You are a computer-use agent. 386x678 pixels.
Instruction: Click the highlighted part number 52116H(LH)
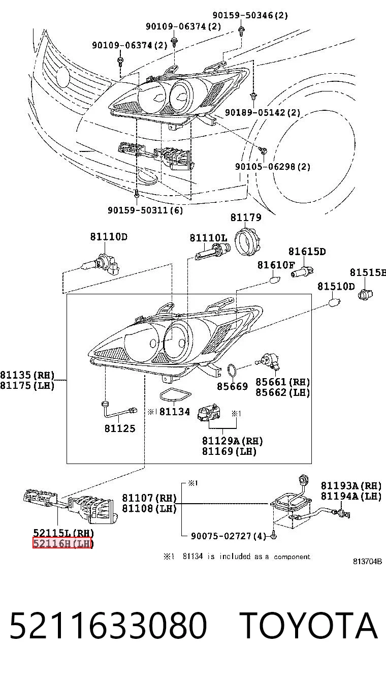coord(62,544)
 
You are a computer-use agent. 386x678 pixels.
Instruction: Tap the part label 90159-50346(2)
coord(250,15)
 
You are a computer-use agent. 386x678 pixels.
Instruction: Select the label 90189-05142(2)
coord(263,113)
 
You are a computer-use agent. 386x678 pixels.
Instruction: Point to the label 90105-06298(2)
coord(273,167)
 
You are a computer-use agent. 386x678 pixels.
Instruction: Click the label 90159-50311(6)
coord(145,210)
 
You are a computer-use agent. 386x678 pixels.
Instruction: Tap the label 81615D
coord(307,251)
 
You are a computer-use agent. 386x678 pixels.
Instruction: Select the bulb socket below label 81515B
coord(365,294)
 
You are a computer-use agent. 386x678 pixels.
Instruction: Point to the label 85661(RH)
coord(283,382)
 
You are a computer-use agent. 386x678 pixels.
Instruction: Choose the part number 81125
coord(120,428)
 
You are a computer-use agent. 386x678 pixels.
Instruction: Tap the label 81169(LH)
coord(229,451)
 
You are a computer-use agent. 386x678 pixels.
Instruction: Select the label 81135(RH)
coord(27,375)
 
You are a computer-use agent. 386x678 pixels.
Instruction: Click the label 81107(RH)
coord(149,498)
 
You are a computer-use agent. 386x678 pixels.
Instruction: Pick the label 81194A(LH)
coord(351,496)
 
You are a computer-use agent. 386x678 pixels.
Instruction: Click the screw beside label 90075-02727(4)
coord(274,536)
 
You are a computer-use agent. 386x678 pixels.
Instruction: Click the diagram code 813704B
coord(367,561)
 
